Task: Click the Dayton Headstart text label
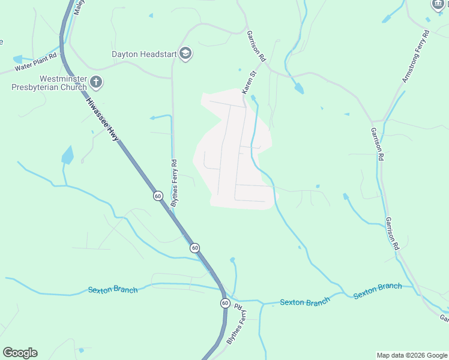(143, 54)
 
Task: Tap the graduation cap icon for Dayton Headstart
(185, 54)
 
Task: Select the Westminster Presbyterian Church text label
(50, 83)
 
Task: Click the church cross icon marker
(97, 82)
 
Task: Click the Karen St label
(249, 82)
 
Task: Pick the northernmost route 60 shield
(158, 196)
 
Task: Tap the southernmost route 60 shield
(224, 303)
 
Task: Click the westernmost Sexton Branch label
(113, 290)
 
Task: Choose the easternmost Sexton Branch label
(378, 290)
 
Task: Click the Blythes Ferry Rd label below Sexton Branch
(236, 325)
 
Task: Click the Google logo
(20, 353)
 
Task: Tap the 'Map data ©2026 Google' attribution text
(411, 355)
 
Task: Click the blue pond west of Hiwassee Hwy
(68, 155)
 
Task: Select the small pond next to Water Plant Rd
(17, 59)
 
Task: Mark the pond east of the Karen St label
(298, 89)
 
